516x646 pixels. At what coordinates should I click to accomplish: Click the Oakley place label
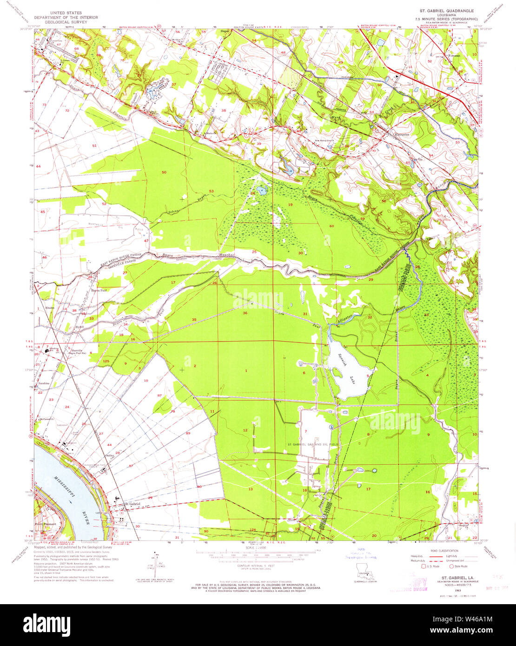click(x=110, y=455)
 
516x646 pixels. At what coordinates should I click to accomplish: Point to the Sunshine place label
click(x=44, y=383)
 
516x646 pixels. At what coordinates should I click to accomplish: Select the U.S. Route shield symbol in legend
click(x=423, y=566)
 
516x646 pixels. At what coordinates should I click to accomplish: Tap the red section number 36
click(x=245, y=313)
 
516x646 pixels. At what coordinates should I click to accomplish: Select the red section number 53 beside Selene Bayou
click(x=211, y=191)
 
